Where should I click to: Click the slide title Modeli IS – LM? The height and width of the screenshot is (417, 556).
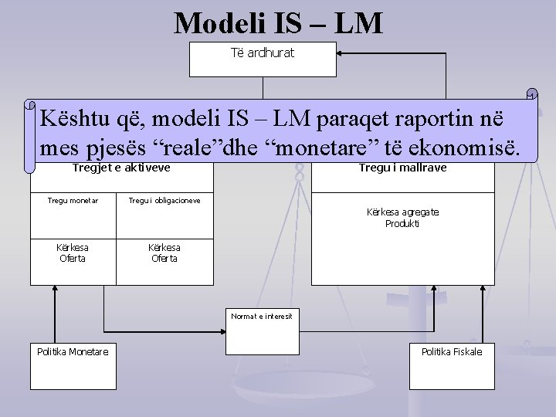278,23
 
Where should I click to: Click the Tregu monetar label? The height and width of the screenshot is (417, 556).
73,201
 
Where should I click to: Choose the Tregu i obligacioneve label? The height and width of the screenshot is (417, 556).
164,201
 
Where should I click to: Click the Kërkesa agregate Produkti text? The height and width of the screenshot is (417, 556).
402,218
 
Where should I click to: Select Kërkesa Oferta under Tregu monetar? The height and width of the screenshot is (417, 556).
73,253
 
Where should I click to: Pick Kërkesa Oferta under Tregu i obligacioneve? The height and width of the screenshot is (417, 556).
164,253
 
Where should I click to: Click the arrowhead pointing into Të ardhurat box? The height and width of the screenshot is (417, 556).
342,54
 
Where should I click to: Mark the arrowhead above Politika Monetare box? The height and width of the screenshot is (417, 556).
53,289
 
